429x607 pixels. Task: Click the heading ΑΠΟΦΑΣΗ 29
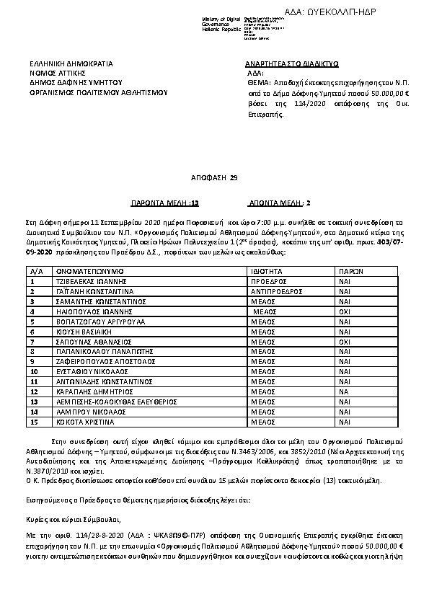click(213, 177)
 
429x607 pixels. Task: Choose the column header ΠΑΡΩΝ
click(350, 270)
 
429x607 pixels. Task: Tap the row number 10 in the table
click(33, 371)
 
